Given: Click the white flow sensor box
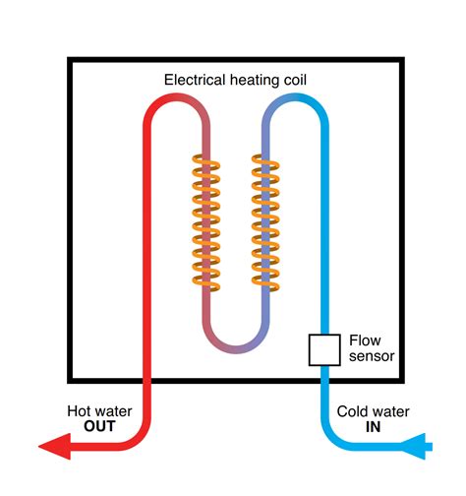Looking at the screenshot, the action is (x=324, y=349).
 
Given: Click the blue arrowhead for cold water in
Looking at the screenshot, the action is (x=414, y=447).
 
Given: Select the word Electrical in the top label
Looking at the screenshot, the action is (x=195, y=80).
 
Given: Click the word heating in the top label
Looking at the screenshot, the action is (x=255, y=81).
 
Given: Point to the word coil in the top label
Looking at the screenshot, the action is (x=295, y=80).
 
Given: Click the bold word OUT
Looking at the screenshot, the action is (x=99, y=426).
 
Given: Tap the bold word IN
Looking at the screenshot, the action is (x=373, y=427).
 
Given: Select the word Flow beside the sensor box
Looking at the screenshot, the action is (x=365, y=341).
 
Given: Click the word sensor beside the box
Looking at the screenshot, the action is (x=372, y=356).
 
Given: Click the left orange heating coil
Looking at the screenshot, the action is (x=206, y=223).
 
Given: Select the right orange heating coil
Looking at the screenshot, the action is (x=265, y=223).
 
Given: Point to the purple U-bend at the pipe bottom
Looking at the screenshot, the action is (x=236, y=349).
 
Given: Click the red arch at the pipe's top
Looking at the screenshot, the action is (x=177, y=97).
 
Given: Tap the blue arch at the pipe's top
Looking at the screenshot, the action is (x=295, y=97).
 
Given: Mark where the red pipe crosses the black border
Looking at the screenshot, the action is (x=147, y=381).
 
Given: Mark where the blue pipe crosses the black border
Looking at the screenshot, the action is (x=324, y=381).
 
